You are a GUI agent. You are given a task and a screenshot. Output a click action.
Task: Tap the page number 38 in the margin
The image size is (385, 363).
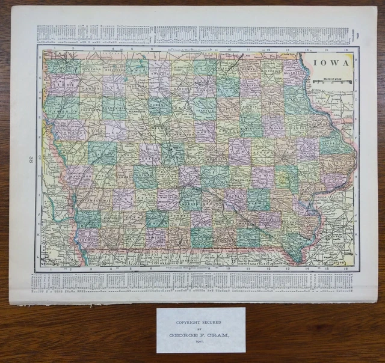click(x=29, y=159)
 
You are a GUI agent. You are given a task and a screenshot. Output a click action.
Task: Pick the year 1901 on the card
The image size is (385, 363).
click(x=201, y=341)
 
